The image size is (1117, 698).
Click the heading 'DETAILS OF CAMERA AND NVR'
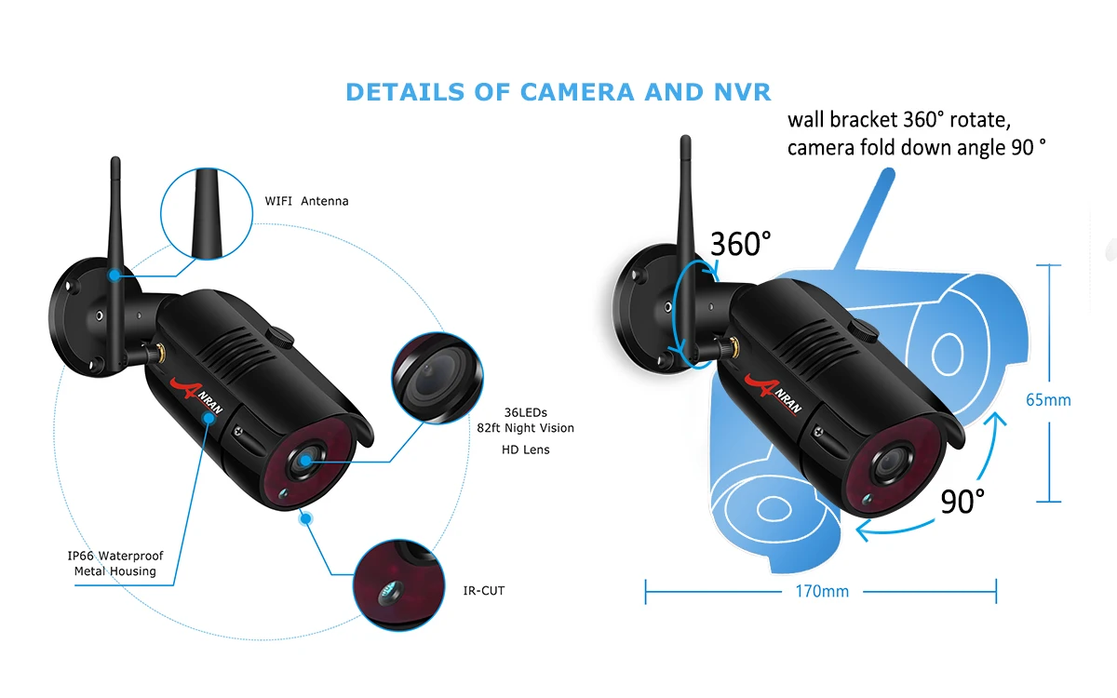(x=558, y=92)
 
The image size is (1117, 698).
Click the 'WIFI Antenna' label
(x=306, y=201)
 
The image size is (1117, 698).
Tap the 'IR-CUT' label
(x=483, y=590)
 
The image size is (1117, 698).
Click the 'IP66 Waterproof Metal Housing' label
(x=114, y=563)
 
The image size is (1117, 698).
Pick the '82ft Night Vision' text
(x=525, y=428)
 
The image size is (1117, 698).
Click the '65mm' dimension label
(x=1048, y=400)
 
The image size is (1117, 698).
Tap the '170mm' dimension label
(x=822, y=591)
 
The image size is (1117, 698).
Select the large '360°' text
(x=741, y=244)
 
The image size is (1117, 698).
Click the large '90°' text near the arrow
(x=962, y=502)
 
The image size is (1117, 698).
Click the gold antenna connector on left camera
(x=156, y=353)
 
